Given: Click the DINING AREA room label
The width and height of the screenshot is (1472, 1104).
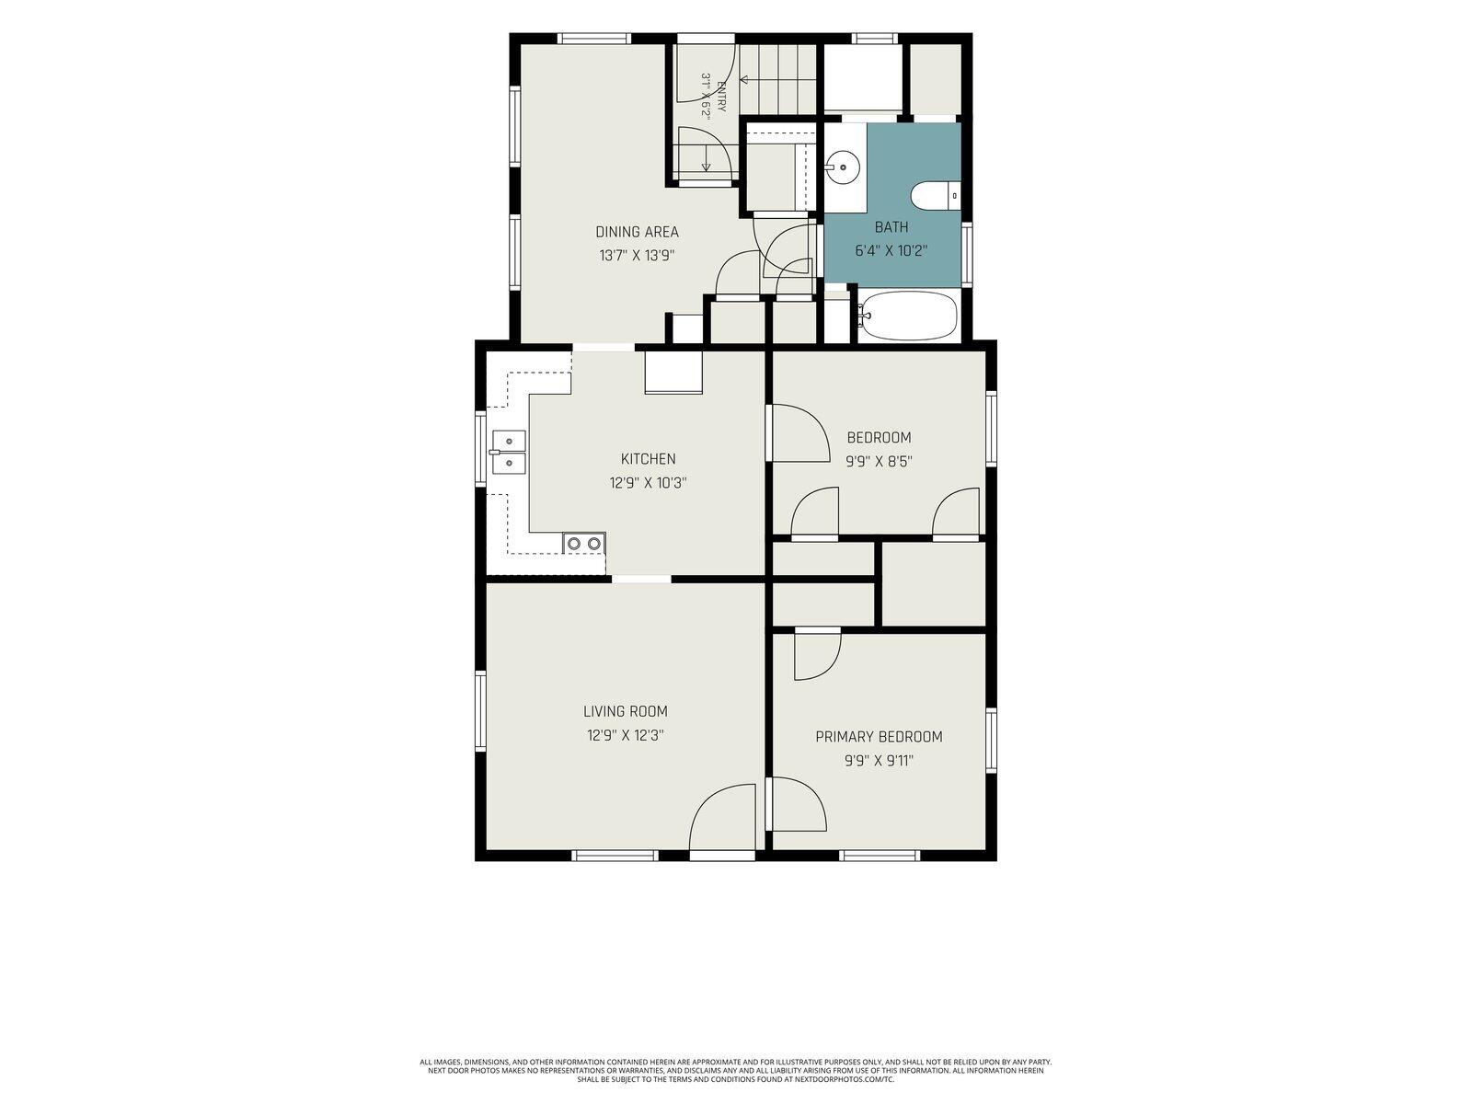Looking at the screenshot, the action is click(x=637, y=232).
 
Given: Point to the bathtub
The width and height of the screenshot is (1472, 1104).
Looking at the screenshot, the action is click(x=909, y=315).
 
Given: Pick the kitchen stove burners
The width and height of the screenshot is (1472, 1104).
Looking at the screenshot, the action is click(x=584, y=543).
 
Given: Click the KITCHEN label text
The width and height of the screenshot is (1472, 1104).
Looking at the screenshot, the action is click(x=648, y=459).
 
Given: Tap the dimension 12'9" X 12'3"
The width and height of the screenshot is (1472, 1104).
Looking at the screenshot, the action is click(x=625, y=735).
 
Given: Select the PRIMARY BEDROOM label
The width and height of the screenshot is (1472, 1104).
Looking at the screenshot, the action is click(x=879, y=737).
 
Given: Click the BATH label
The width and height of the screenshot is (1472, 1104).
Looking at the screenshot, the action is click(x=891, y=227).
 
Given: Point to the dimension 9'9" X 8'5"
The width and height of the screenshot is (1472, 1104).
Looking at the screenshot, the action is click(x=879, y=461).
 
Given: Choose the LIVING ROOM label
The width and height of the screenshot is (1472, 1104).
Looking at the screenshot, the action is click(x=625, y=711).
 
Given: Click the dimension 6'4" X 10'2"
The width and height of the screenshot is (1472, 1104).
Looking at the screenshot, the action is click(x=891, y=250).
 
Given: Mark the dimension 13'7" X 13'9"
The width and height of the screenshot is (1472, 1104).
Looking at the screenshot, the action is click(x=637, y=256).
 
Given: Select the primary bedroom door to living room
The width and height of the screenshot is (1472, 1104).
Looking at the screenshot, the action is click(x=798, y=804).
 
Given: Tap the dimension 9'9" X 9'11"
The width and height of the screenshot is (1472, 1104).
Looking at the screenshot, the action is click(x=879, y=761).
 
